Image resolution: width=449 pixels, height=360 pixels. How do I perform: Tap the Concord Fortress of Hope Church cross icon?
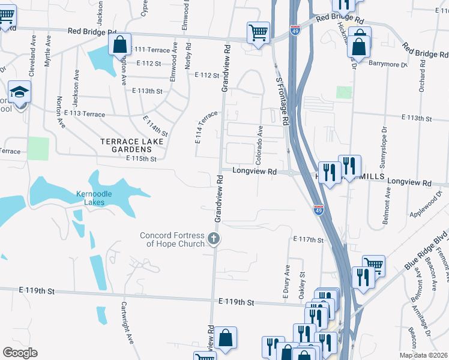[x=213, y=240]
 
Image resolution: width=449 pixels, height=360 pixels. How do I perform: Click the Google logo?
[x=20, y=353]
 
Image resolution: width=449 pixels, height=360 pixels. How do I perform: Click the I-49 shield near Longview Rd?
[x=318, y=209]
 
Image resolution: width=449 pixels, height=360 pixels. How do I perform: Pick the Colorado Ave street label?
[x=259, y=146]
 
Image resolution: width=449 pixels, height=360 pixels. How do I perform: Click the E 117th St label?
[x=308, y=239]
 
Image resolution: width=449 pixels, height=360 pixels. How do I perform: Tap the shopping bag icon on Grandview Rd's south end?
[x=225, y=337]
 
